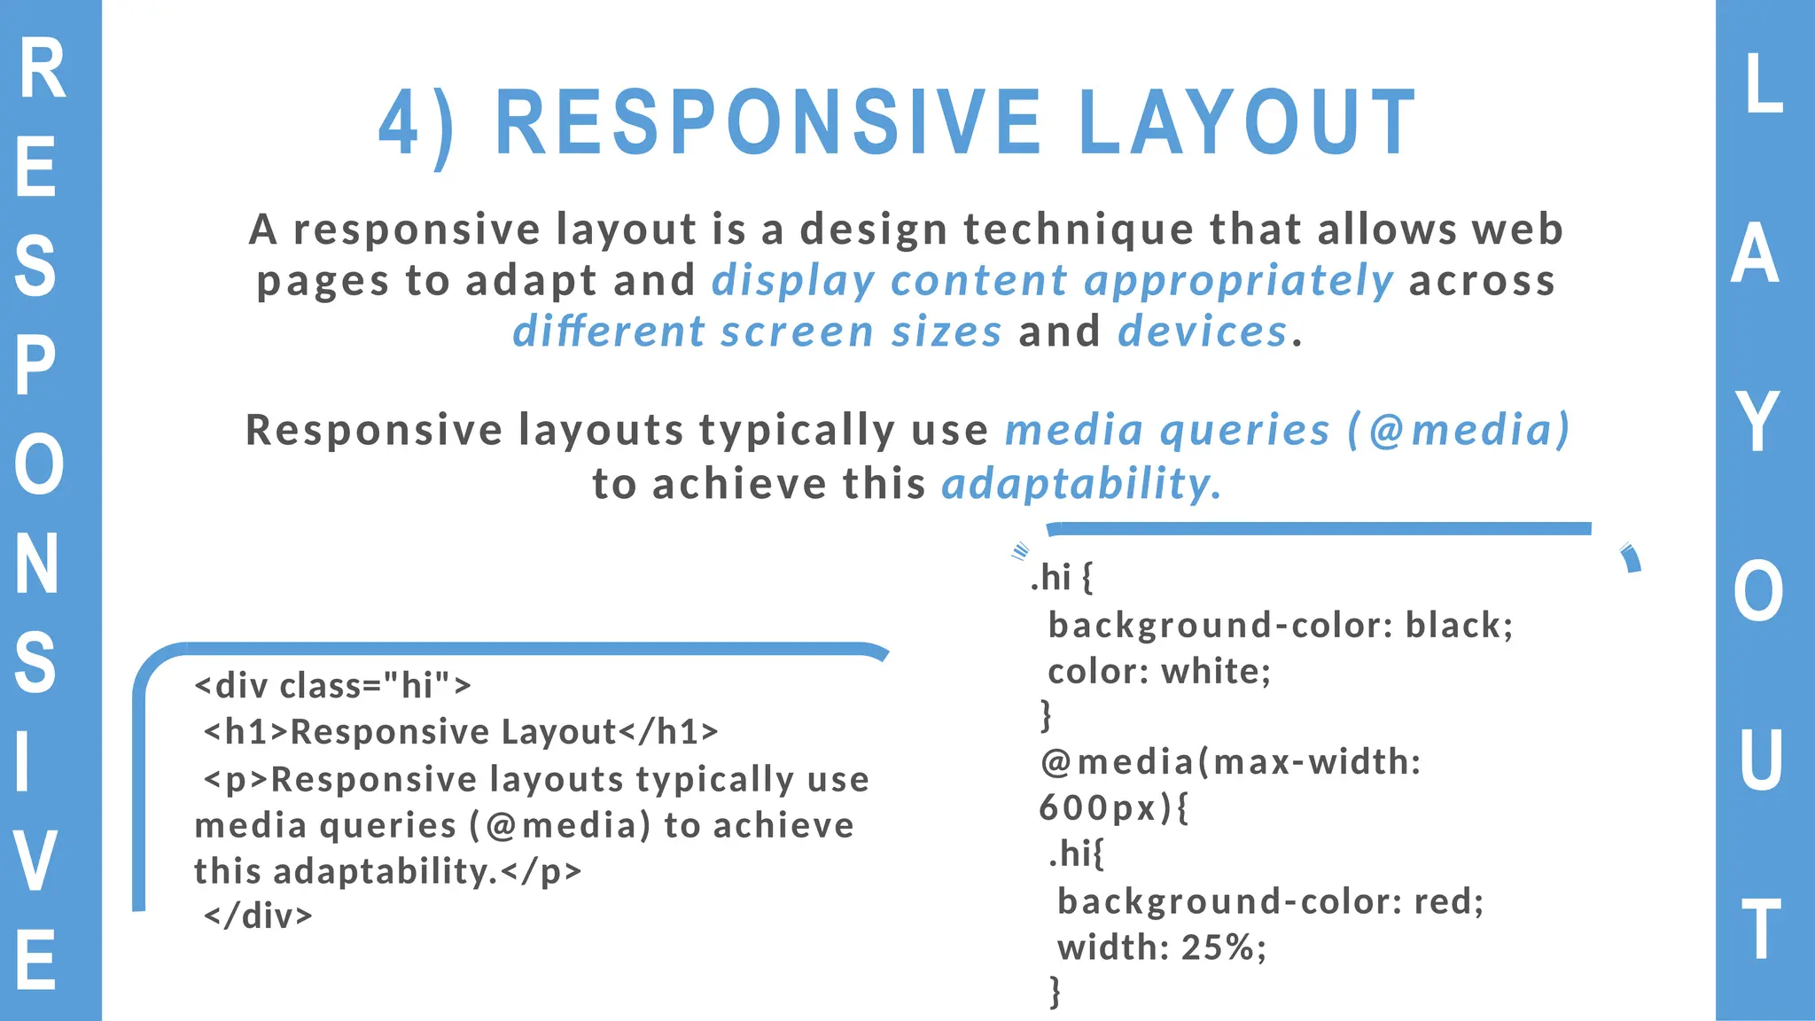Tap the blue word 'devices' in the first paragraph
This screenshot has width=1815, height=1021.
click(1202, 331)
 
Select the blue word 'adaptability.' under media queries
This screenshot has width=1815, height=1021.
click(1080, 484)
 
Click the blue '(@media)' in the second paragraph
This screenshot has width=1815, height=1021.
click(1458, 430)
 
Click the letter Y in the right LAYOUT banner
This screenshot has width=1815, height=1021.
click(1758, 423)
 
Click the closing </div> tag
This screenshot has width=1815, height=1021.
click(258, 916)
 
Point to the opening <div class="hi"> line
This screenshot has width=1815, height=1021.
click(332, 685)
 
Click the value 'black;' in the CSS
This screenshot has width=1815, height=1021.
click(1459, 626)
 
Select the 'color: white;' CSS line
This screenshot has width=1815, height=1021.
click(1159, 672)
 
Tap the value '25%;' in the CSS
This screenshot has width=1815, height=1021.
click(1224, 947)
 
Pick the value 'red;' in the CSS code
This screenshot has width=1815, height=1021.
click(1448, 901)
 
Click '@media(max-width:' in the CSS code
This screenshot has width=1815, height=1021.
click(1231, 762)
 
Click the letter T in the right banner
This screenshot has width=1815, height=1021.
click(1761, 930)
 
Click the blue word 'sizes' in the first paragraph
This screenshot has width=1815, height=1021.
click(946, 331)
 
